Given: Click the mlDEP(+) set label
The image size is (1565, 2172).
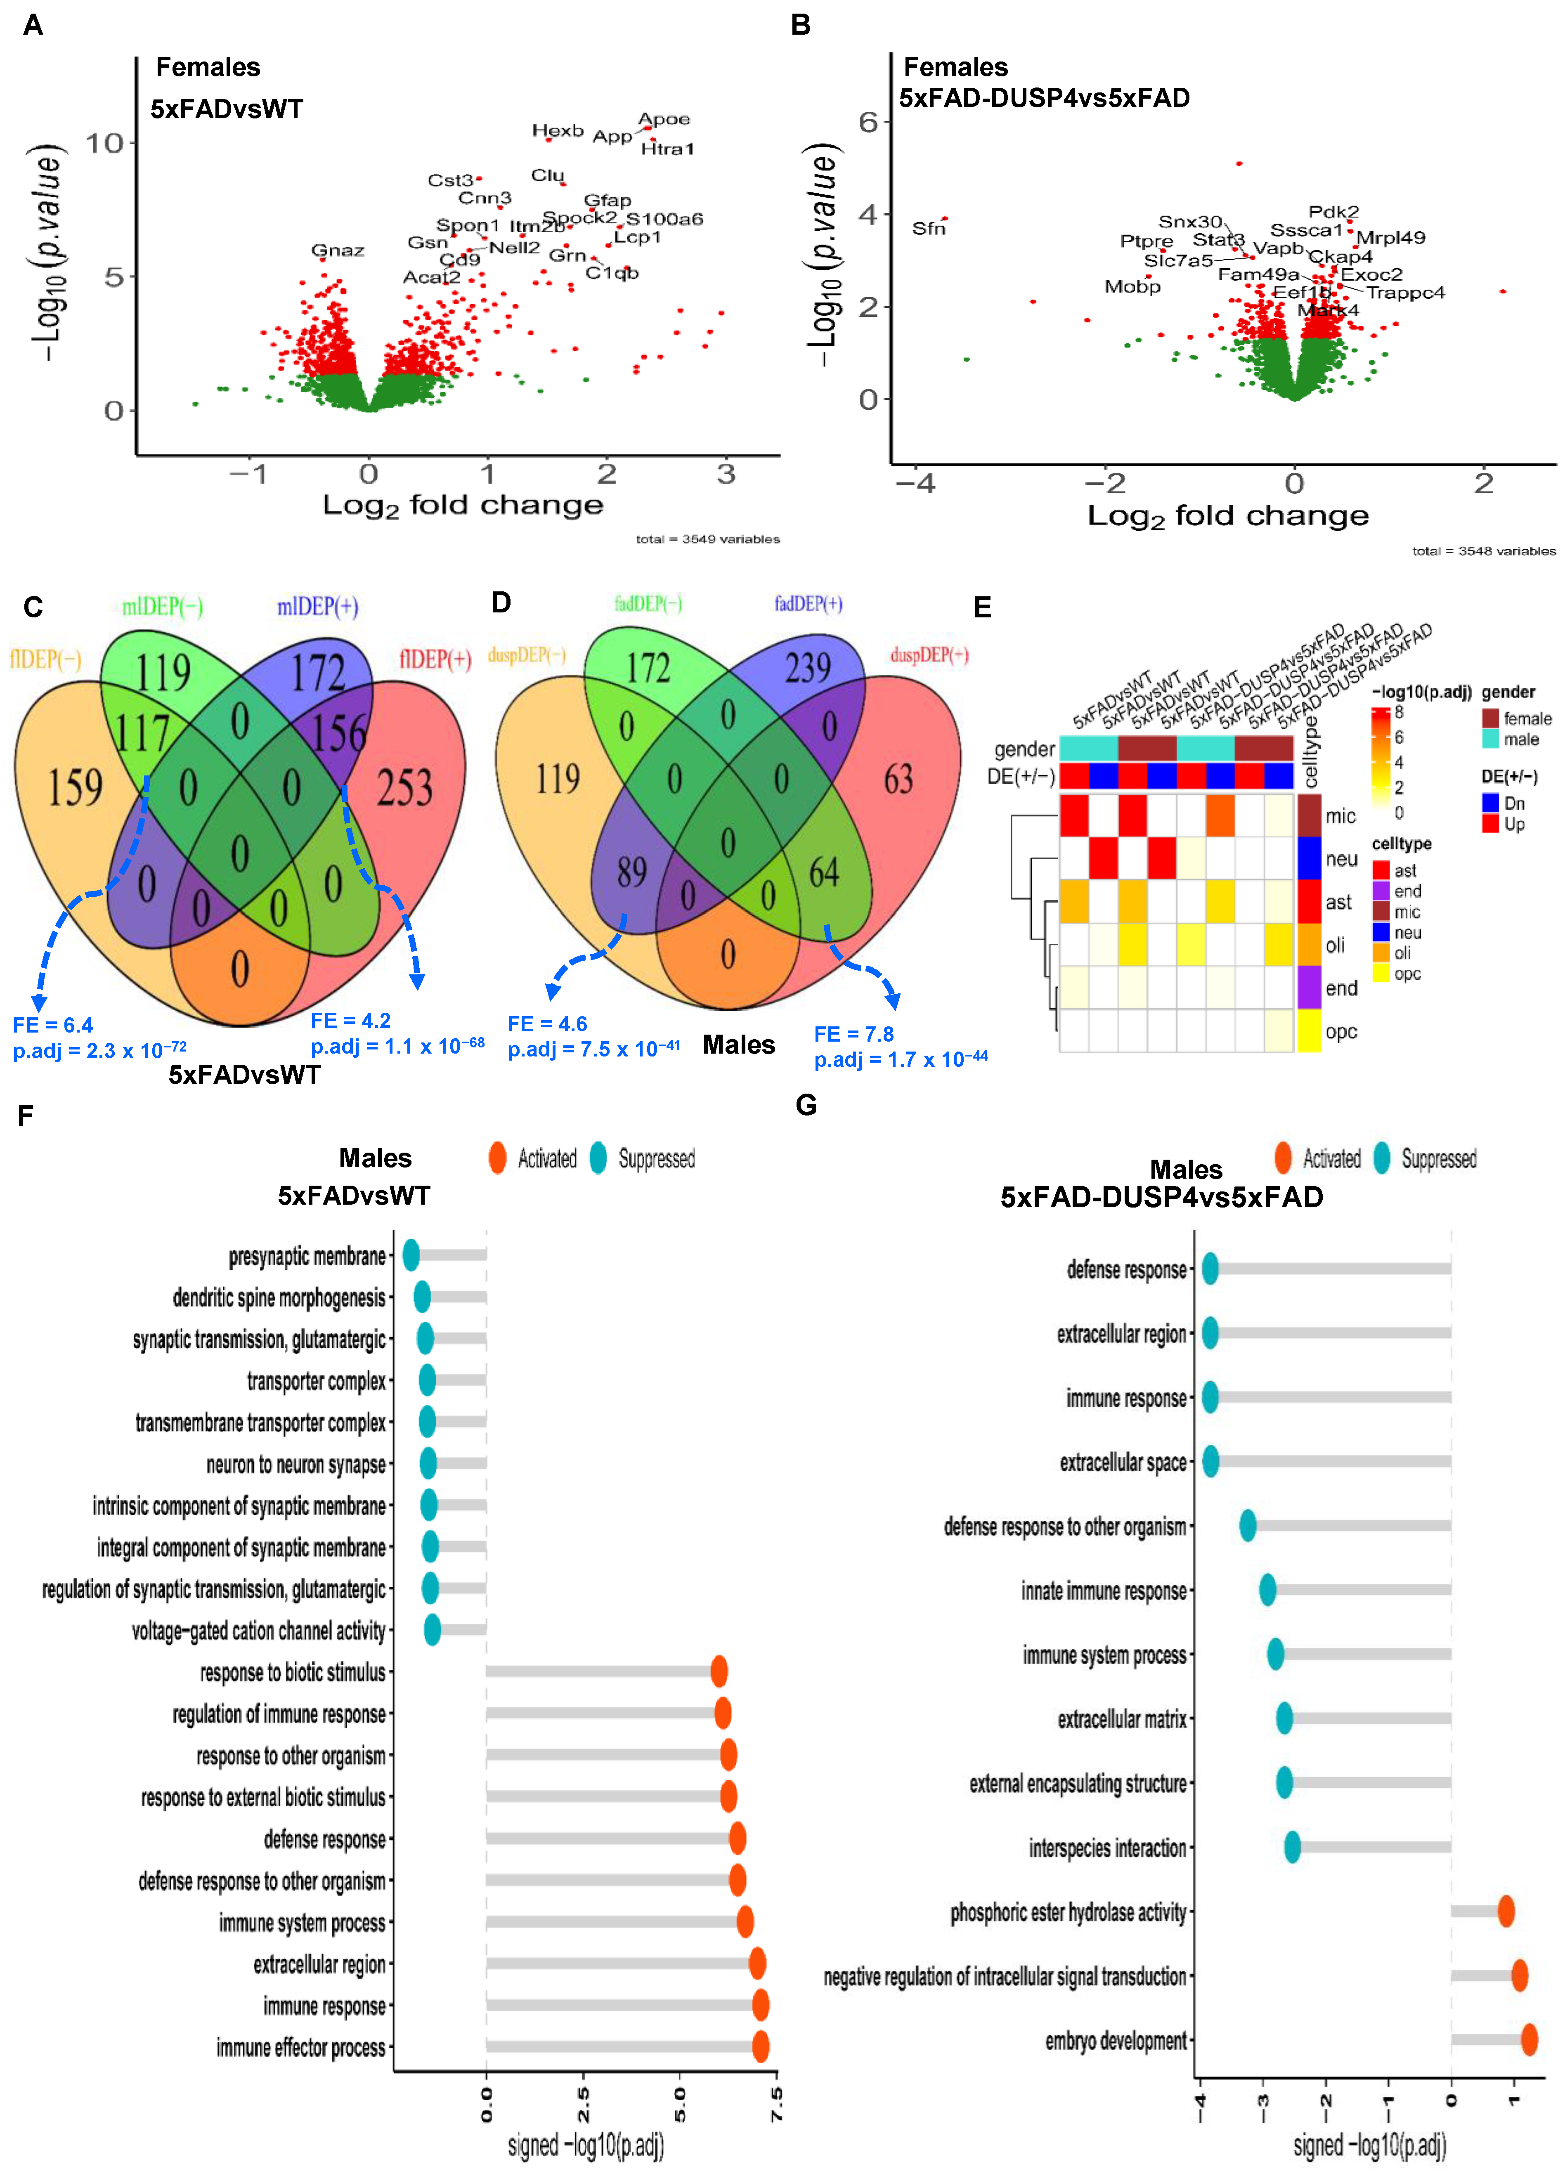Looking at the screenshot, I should pyautogui.click(x=317, y=606).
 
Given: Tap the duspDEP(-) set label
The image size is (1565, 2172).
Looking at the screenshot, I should pyautogui.click(x=526, y=655).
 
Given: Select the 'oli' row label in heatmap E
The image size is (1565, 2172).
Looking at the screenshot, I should pyautogui.click(x=1335, y=945).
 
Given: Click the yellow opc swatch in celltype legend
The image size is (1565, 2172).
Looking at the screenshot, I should pyautogui.click(x=1381, y=974).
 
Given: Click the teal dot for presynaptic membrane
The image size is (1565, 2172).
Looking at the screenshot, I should pyautogui.click(x=411, y=1255).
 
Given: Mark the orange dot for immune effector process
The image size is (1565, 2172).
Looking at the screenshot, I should pyautogui.click(x=761, y=2047).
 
